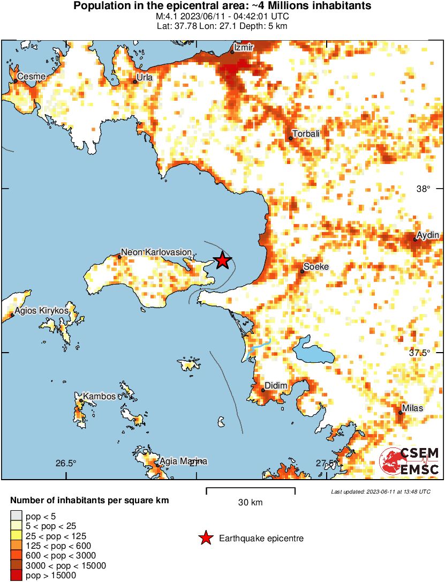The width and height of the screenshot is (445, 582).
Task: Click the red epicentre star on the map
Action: [222, 260]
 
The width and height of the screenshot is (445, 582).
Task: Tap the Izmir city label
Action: [242, 48]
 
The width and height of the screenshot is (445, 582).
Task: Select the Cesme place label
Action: [31, 77]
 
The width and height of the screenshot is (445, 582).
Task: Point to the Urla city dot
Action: [135, 82]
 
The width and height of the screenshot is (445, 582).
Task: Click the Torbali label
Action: [306, 133]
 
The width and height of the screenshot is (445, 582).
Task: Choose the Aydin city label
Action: [428, 235]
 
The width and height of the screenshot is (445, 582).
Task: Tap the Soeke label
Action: [316, 266]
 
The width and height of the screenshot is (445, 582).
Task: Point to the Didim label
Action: [277, 386]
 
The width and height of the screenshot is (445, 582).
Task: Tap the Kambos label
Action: [100, 397]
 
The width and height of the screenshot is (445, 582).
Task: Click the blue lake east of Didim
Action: [313, 350]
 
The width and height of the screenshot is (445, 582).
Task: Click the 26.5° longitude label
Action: [66, 464]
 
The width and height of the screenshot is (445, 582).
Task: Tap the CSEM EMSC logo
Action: [410, 461]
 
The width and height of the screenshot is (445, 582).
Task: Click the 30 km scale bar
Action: [250, 489]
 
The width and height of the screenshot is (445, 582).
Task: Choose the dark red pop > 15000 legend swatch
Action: [16, 576]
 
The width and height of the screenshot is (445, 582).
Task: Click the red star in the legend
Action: [205, 539]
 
